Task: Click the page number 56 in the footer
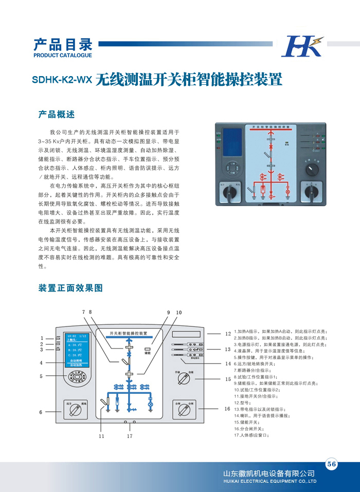pos(331,464)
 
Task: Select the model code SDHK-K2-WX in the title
pos(62,80)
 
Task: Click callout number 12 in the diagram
pos(228,334)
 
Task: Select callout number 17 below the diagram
pos(130,436)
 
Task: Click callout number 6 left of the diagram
pos(41,412)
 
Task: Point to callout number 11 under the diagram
pos(101,436)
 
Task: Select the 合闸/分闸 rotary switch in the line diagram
pos(186,410)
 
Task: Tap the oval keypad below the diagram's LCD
pos(77,377)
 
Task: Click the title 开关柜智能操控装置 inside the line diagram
pos(125,333)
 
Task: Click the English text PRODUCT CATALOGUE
pos(62,55)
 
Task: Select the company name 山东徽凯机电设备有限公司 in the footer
pos(268,473)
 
